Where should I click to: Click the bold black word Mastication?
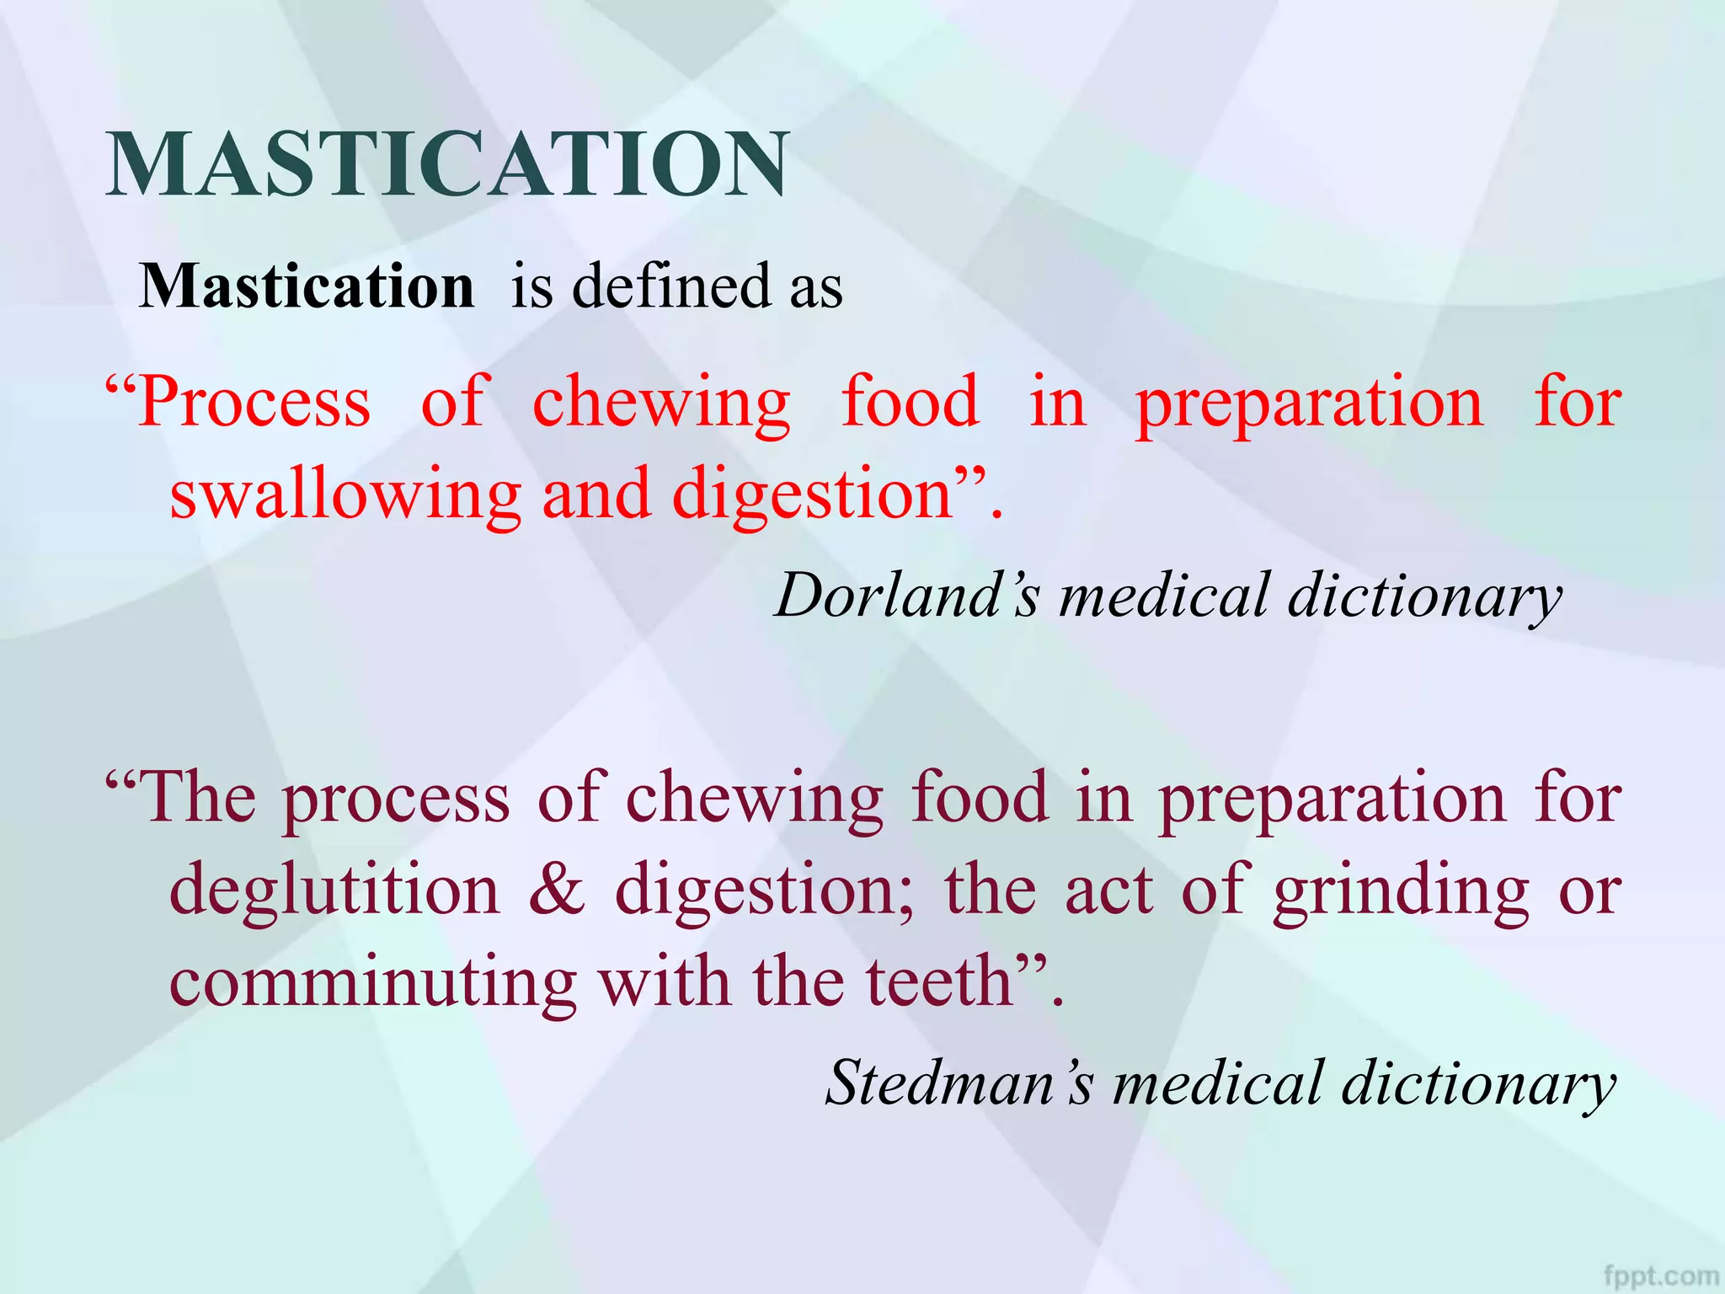307,286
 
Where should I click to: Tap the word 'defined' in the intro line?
671,286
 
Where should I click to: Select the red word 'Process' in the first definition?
253,403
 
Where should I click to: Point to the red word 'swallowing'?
345,495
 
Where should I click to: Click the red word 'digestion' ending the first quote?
812,495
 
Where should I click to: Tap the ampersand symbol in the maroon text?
557,890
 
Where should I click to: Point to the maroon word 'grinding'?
1401,891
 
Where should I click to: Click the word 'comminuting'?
373,982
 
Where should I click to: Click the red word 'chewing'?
661,403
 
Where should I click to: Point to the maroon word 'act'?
1107,890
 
